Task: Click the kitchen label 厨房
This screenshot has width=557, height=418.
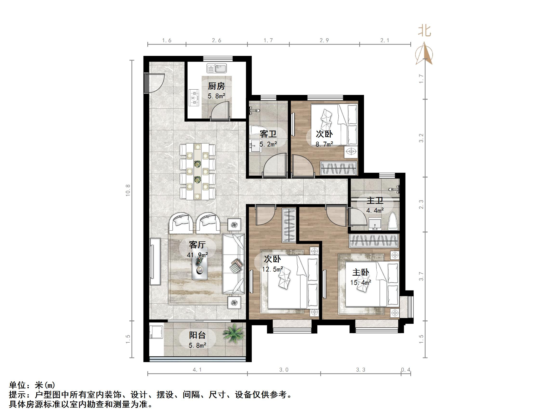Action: coord(216,86)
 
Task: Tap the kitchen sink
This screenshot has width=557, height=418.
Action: coord(217,68)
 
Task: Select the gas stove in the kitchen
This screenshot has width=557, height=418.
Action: coord(194,98)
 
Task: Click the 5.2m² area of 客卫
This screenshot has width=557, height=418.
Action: coord(268,144)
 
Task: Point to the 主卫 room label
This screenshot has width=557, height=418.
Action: coord(375,201)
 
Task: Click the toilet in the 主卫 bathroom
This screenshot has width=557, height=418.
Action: coord(393,221)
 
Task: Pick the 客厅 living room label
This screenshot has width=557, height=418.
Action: coord(197,244)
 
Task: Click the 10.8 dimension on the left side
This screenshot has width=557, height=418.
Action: coord(128,190)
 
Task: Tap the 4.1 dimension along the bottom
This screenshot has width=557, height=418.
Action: coord(197,370)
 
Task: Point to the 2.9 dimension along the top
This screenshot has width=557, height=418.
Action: coord(324,40)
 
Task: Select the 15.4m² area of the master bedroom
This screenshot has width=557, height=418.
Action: coord(360,282)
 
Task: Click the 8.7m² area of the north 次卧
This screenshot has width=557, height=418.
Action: coord(324,144)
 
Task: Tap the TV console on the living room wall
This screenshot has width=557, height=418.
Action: coord(155,262)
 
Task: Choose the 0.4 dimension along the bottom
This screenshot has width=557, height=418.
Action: coord(406,370)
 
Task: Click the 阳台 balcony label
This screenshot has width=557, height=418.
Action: coord(197,335)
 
